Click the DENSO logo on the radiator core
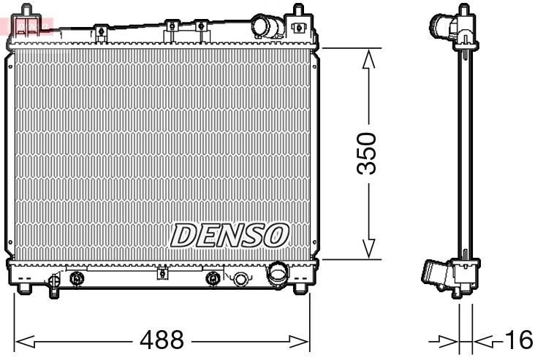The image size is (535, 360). pyautogui.click(x=230, y=235)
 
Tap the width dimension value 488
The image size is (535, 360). pyautogui.click(x=162, y=340)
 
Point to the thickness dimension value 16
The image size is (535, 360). pyautogui.click(x=517, y=340)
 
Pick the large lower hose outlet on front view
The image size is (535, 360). pyautogui.click(x=278, y=276)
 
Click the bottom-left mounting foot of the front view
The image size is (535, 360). pyautogui.click(x=23, y=286)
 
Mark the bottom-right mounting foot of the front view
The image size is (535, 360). pyautogui.click(x=299, y=286)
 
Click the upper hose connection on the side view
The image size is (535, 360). pyautogui.click(x=443, y=26)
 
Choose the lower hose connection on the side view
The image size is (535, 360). pyautogui.click(x=437, y=276)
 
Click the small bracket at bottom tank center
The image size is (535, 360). pyautogui.click(x=162, y=274)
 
